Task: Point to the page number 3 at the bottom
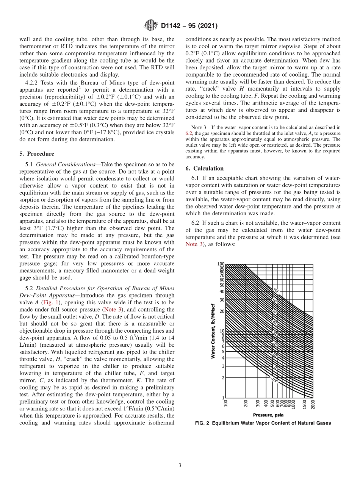click(x=180, y=465)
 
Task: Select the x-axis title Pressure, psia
click(x=268, y=415)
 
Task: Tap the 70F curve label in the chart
click(x=275, y=290)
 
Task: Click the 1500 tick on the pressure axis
click(x=304, y=404)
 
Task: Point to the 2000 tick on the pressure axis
click(x=313, y=404)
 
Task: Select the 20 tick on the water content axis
click(x=222, y=311)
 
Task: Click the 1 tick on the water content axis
click(x=223, y=397)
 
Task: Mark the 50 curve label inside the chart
click(x=275, y=311)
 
